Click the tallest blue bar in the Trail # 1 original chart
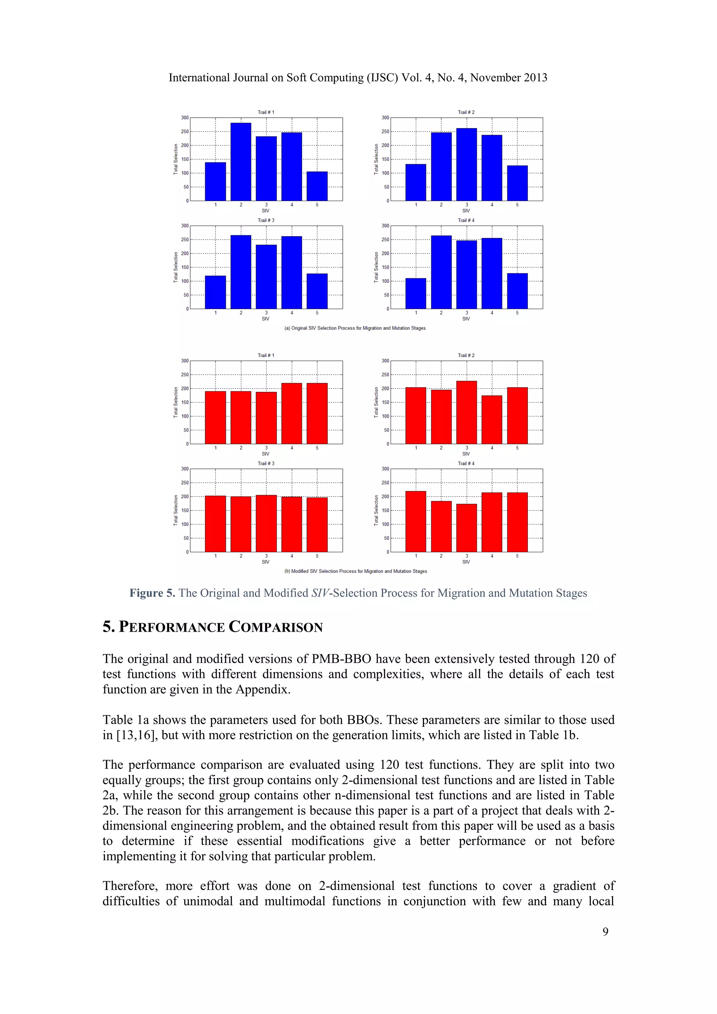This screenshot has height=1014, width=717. (x=241, y=162)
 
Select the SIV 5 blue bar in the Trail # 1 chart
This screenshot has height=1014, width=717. (x=317, y=186)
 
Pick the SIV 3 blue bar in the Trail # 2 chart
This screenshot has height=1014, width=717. (x=466, y=165)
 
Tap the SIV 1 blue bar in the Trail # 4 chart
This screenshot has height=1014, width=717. (x=416, y=294)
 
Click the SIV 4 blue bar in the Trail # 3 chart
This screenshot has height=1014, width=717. (x=291, y=272)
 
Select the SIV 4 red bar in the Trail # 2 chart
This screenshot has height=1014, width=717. (x=492, y=419)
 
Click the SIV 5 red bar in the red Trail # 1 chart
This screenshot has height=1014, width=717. (x=317, y=414)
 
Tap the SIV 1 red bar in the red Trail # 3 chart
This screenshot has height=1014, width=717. (x=215, y=524)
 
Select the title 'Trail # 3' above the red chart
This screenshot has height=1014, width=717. (x=266, y=463)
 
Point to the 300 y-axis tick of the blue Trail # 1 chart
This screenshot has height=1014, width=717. (x=185, y=118)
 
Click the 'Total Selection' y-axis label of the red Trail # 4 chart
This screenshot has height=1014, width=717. (x=376, y=510)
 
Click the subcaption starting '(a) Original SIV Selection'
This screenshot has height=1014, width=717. (x=355, y=328)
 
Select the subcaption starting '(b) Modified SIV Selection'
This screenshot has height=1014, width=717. (x=355, y=571)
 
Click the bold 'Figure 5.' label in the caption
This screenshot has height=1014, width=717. (x=152, y=593)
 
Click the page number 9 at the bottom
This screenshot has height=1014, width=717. (x=605, y=931)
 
